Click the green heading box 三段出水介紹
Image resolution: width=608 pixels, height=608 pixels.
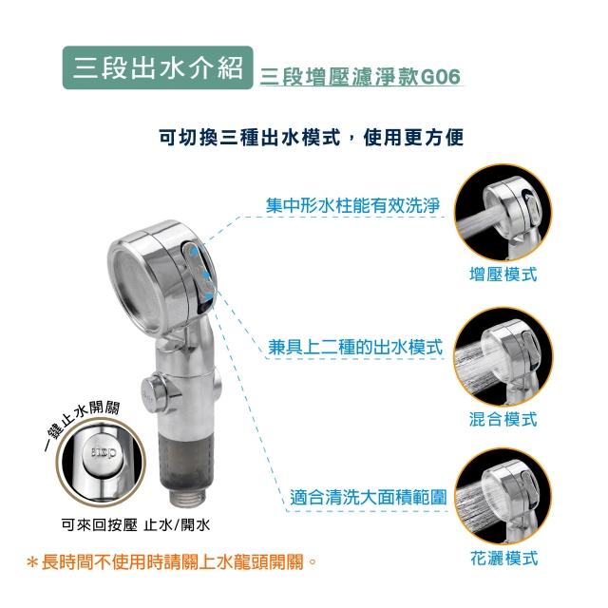pos(158,67)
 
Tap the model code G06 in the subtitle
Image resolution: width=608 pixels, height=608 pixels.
pos(440,77)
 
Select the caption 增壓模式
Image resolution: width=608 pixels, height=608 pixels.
pos(503,275)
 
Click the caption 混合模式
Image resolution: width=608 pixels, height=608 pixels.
pos(503,419)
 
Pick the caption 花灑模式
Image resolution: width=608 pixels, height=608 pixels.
pos(504,559)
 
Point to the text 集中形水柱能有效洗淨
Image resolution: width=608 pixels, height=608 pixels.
pos(352,205)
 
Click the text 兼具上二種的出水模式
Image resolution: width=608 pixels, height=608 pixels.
pos(355,347)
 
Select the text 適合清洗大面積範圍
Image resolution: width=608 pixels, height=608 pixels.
pos(369,498)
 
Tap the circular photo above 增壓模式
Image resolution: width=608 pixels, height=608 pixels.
pos(503,213)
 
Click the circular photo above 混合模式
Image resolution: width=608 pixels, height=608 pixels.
pos(503,356)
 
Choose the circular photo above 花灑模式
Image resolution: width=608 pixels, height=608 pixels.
pos(503,496)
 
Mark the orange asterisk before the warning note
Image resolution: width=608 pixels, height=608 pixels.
pos(32,563)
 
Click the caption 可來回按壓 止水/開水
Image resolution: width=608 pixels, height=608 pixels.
pos(136,525)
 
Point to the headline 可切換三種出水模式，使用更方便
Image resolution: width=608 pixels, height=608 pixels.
pos(312,138)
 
